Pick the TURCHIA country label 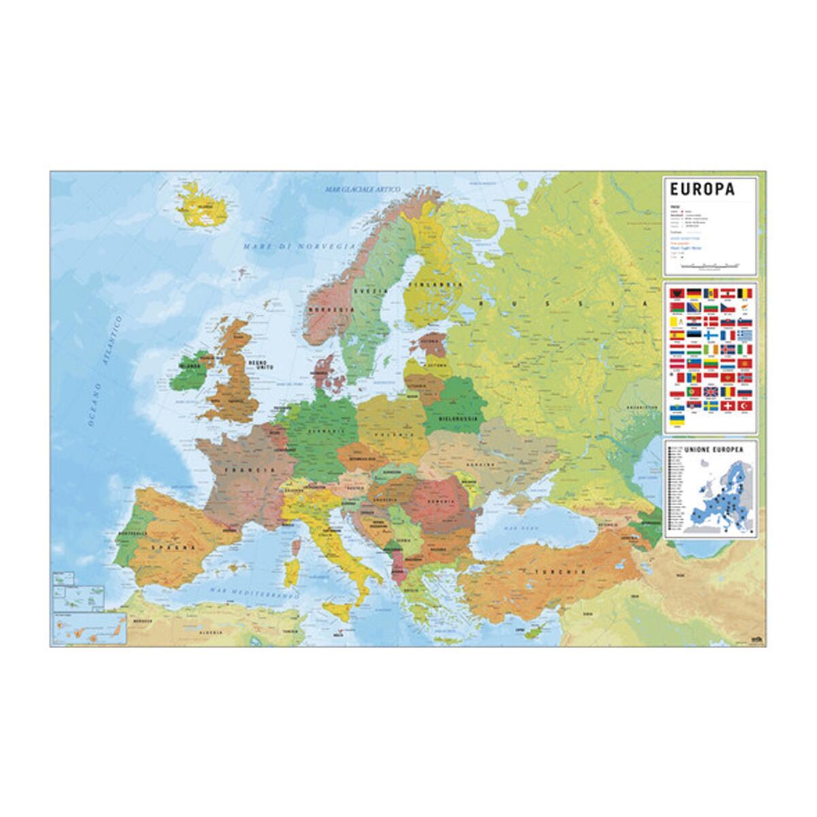click(559, 572)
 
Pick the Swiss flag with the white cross click(728, 406)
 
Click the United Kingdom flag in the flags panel click(711, 393)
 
